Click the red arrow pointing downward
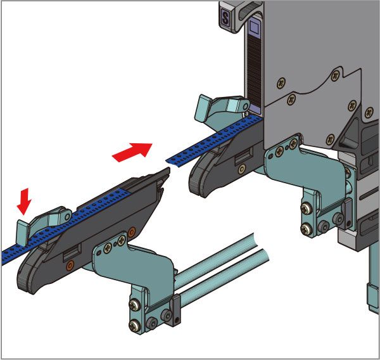pos(24,202)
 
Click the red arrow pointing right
pos(132,152)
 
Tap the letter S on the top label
pos(225,18)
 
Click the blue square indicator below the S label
pos(255,26)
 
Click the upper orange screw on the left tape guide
pos(131,232)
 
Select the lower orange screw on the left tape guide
pos(70,266)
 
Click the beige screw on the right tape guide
pos(242,169)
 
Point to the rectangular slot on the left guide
pos(72,252)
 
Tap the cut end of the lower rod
pos(265,255)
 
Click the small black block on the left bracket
pos(176,311)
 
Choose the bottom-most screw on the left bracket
pos(135,326)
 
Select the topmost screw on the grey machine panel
pos(336,76)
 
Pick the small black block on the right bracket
pos(348,214)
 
